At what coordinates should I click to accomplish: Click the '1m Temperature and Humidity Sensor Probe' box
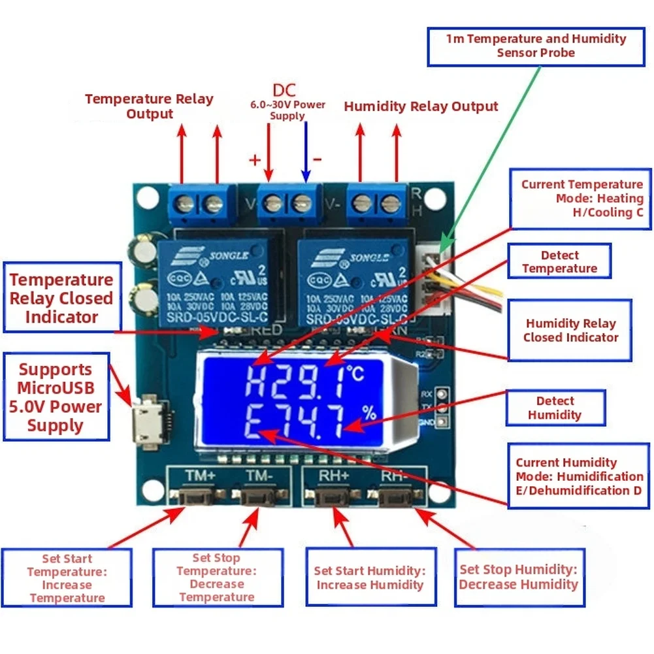click(536, 46)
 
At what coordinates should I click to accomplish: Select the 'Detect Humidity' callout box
click(555, 408)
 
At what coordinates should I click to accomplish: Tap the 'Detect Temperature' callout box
click(559, 261)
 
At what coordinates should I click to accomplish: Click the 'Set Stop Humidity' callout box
click(518, 577)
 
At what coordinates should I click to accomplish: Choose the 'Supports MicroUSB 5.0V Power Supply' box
click(56, 397)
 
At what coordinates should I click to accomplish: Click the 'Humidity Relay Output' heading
click(421, 106)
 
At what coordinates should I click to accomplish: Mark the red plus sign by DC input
click(255, 159)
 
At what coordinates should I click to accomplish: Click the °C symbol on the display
click(357, 374)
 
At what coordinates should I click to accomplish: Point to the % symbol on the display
click(370, 412)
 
